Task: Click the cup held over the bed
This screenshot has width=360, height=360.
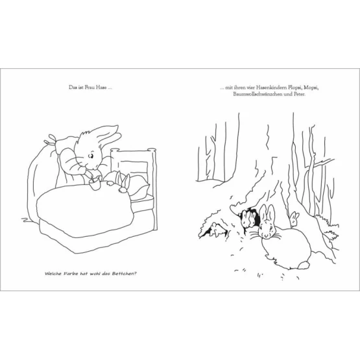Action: (x=95, y=184)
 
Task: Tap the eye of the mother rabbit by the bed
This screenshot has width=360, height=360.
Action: (x=91, y=156)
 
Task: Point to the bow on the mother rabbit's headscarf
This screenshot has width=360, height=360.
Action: (x=51, y=139)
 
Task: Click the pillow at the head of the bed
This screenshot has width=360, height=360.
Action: (x=137, y=187)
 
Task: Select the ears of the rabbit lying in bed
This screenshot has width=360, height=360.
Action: (x=123, y=178)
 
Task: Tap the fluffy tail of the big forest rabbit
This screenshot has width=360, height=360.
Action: (x=304, y=265)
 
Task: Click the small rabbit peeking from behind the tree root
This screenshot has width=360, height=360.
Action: (x=294, y=218)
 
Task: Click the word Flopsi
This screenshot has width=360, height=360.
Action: (x=294, y=88)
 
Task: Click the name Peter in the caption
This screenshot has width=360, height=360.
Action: (x=300, y=94)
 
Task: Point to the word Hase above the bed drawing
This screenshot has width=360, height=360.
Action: (x=101, y=88)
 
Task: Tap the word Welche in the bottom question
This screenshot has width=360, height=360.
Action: (x=53, y=274)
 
